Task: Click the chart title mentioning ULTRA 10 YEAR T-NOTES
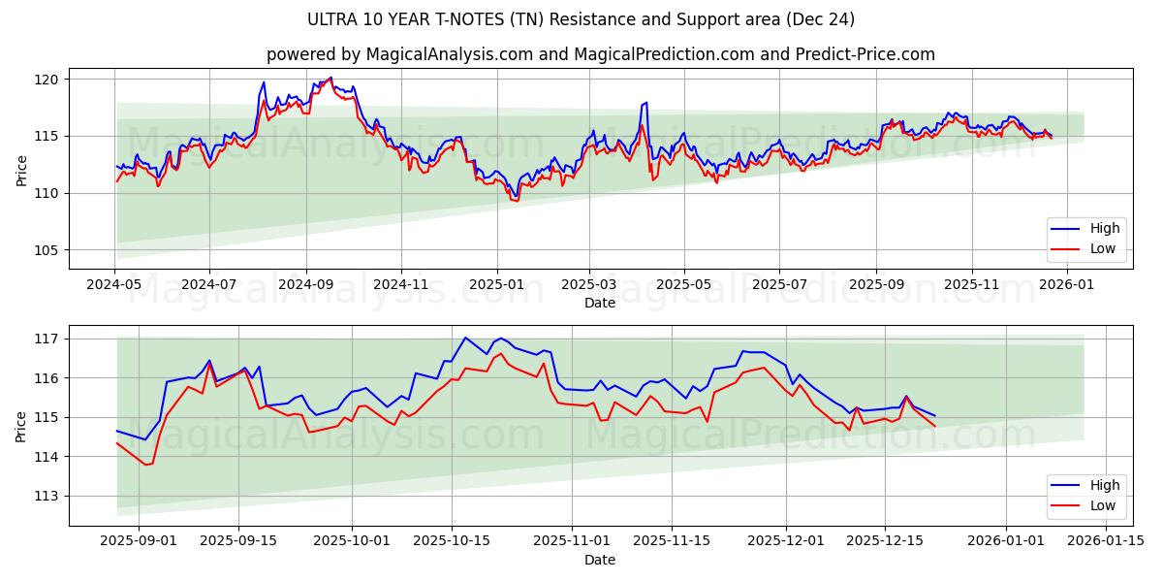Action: pyautogui.click(x=581, y=19)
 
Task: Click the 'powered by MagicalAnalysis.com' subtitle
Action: pyautogui.click(x=600, y=54)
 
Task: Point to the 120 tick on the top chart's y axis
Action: pyautogui.click(x=47, y=79)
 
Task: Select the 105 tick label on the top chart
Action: pyautogui.click(x=47, y=250)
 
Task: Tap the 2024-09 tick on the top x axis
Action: pyautogui.click(x=306, y=284)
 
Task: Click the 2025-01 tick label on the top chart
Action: pyautogui.click(x=496, y=284)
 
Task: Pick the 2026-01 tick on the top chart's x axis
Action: pyautogui.click(x=1066, y=284)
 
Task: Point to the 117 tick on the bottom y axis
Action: pyautogui.click(x=47, y=339)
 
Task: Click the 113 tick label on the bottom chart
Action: pyautogui.click(x=47, y=496)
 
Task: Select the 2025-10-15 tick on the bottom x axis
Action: pyautogui.click(x=451, y=541)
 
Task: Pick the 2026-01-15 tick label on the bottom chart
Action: pyautogui.click(x=1106, y=541)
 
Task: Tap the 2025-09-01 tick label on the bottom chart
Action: pyautogui.click(x=139, y=541)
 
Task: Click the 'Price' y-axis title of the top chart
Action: pyautogui.click(x=21, y=169)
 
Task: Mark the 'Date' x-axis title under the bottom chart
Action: pyautogui.click(x=600, y=560)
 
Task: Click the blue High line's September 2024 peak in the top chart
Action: pyautogui.click(x=330, y=78)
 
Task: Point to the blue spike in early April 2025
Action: pyautogui.click(x=645, y=103)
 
